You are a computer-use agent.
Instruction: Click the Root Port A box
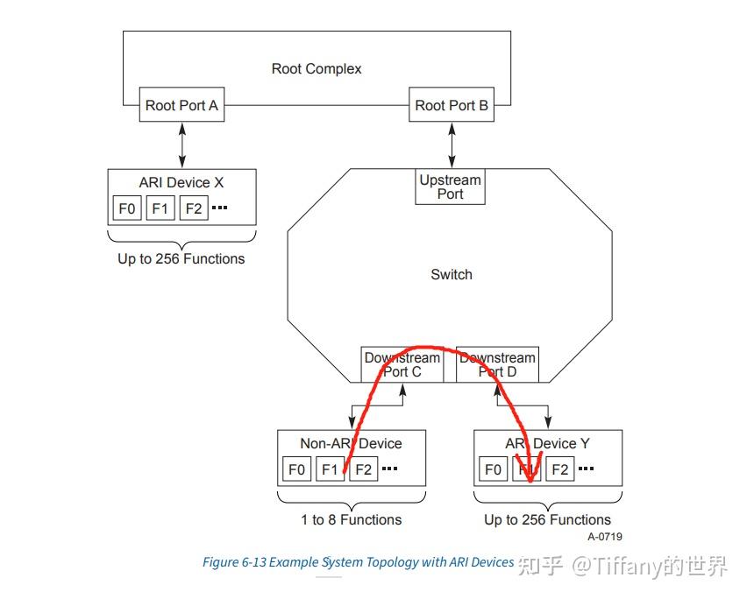tap(181, 105)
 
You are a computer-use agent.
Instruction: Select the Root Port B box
tap(452, 105)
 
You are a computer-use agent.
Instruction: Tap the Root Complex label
tap(317, 68)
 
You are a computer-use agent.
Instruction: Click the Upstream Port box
tap(450, 187)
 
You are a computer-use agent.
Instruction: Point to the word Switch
tap(452, 274)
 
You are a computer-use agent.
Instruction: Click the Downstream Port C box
tap(402, 364)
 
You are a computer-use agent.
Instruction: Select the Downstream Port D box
tap(497, 364)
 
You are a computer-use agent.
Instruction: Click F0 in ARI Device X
tap(127, 208)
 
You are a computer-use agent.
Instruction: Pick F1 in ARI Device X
tap(160, 208)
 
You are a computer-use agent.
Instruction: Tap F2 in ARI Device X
tap(194, 208)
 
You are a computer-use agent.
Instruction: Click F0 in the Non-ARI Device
tap(297, 469)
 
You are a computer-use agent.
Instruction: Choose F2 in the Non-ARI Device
tap(364, 469)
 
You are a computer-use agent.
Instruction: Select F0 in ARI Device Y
tap(494, 469)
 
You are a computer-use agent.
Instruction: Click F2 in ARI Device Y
tap(560, 469)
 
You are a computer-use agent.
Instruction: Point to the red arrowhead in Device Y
tap(530, 469)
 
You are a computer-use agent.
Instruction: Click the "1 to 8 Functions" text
tap(352, 519)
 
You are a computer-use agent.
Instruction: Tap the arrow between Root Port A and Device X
tap(182, 144)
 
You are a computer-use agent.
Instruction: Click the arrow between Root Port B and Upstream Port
tap(452, 144)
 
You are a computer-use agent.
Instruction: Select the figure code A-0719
tap(605, 536)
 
